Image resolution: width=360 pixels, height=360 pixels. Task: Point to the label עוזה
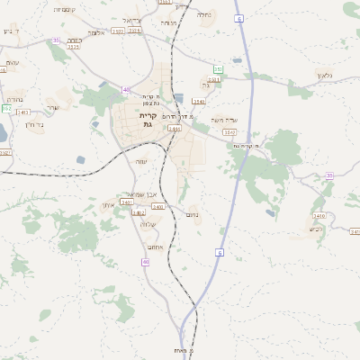coord(13,62)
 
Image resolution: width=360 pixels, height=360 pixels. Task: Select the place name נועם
coord(192,214)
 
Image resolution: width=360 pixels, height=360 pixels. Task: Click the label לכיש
coord(315,229)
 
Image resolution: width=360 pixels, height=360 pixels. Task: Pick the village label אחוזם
coord(154,245)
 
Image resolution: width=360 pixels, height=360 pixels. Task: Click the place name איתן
coord(110,206)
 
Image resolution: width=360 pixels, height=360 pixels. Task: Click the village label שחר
coord(52,107)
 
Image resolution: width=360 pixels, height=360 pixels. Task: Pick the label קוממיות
coord(65,9)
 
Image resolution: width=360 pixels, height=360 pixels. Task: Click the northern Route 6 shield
coord(239,18)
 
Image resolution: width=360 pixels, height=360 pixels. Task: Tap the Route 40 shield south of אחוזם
coord(145,262)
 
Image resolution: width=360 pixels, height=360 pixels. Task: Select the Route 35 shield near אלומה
coord(56,40)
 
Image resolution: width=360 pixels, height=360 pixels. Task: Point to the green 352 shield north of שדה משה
coord(218,68)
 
